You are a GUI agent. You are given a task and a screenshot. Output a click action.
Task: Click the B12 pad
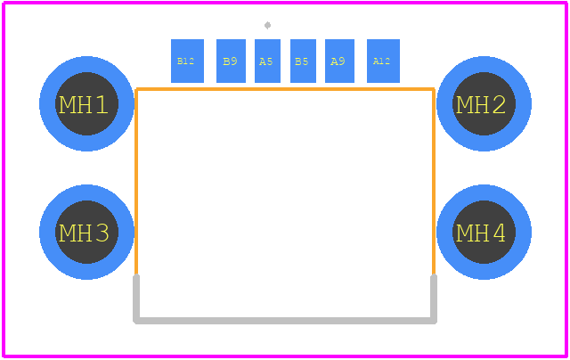click(x=187, y=61)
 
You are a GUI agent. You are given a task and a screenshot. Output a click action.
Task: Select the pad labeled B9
click(x=231, y=61)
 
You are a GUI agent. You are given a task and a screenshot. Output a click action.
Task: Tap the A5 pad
click(x=267, y=61)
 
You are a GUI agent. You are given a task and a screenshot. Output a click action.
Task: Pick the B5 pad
click(x=303, y=61)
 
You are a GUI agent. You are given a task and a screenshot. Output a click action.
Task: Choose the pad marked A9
click(x=339, y=61)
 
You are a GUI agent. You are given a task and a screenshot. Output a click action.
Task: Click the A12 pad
click(x=383, y=61)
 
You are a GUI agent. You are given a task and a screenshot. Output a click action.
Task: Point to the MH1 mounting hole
click(x=86, y=103)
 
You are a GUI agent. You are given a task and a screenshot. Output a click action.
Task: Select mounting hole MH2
click(x=484, y=103)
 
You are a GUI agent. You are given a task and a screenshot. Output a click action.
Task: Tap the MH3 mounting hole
click(x=86, y=232)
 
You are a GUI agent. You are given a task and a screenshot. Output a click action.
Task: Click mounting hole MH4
click(x=484, y=232)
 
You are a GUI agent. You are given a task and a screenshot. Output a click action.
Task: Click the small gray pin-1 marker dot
click(x=267, y=25)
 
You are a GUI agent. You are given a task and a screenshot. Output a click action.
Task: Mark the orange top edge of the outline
click(x=285, y=89)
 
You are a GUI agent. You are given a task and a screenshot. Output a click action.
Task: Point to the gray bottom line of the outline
click(x=285, y=321)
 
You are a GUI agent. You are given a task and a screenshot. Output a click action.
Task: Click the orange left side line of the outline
click(x=136, y=182)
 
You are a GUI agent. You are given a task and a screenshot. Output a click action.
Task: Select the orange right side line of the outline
click(x=434, y=182)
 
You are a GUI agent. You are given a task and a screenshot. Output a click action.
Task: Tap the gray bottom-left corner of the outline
click(x=136, y=321)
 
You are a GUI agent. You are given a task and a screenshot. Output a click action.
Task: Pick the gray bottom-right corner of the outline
click(x=434, y=321)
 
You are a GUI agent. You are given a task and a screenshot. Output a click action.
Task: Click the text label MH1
click(x=84, y=105)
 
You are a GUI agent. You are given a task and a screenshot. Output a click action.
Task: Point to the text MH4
click(x=481, y=233)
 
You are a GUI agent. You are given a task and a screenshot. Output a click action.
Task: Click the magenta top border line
click(x=285, y=3)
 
